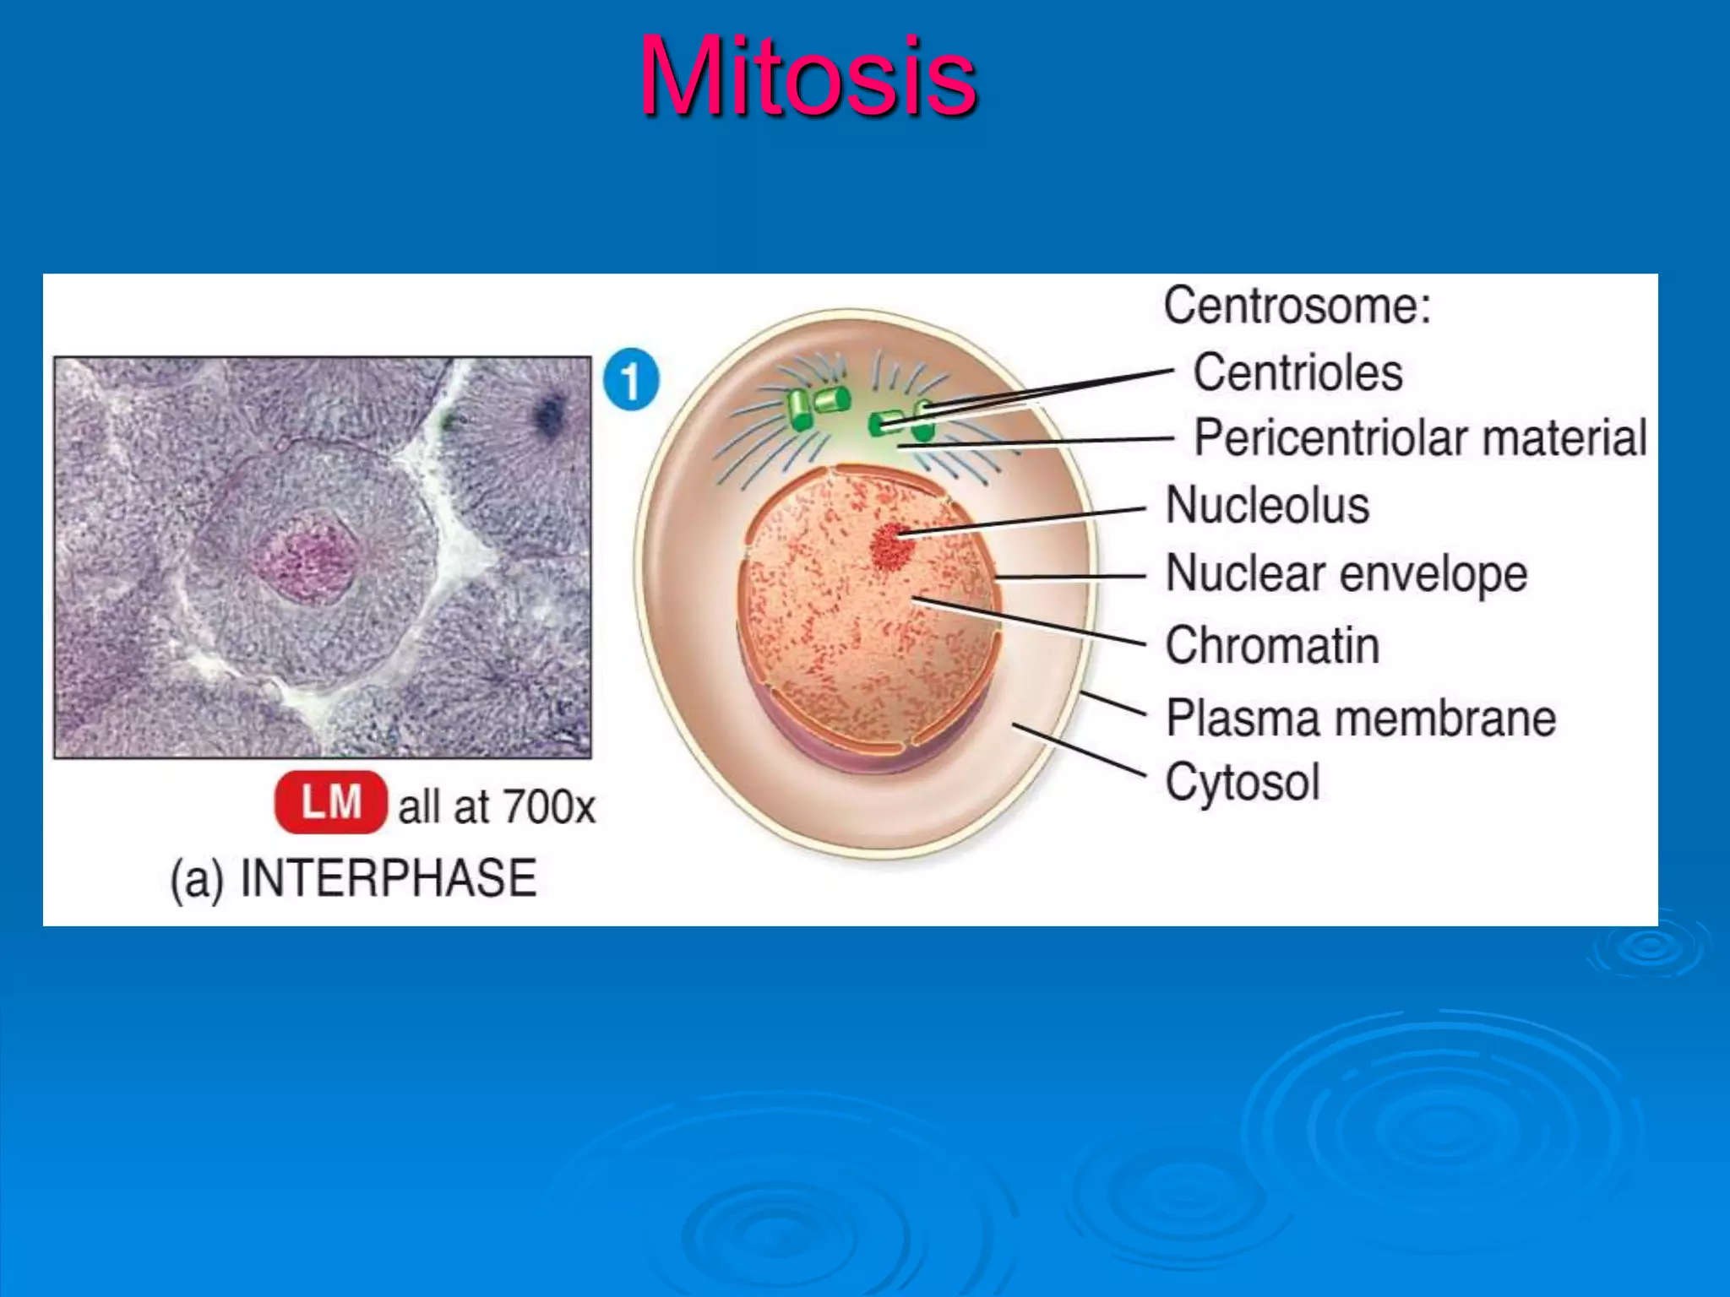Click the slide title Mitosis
coord(808,78)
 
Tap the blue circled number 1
coord(631,380)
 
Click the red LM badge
coord(330,802)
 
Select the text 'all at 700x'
coord(497,807)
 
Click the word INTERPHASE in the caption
coord(389,878)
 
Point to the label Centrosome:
coord(1297,306)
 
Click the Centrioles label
coord(1297,372)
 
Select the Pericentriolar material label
coord(1419,438)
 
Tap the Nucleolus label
coord(1267,506)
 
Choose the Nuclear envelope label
coord(1346,574)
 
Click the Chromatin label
coord(1272,646)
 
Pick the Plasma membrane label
coord(1360,719)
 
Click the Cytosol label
coord(1242,782)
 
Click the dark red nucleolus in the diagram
coord(893,545)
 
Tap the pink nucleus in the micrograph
coord(307,558)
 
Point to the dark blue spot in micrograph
coord(550,415)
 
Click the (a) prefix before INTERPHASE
coord(197,880)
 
